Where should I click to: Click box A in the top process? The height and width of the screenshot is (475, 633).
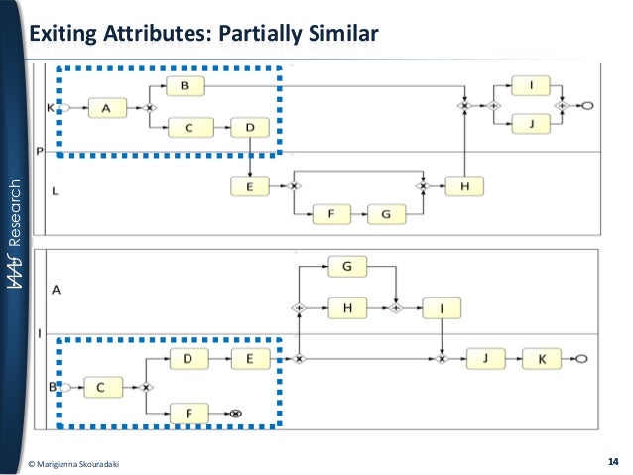(106, 106)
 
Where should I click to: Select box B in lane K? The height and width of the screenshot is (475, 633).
(185, 87)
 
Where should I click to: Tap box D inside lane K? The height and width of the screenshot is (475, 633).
(250, 127)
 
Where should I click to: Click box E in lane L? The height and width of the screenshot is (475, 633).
(251, 185)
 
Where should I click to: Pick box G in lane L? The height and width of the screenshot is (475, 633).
(386, 214)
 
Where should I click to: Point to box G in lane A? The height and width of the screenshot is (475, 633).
(347, 266)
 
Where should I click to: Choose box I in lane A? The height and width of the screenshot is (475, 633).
(441, 308)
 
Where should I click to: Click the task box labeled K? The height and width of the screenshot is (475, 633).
(542, 358)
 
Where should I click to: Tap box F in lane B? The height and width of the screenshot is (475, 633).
(189, 411)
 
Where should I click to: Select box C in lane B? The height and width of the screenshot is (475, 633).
(102, 387)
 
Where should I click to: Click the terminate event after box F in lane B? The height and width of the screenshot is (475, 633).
(238, 411)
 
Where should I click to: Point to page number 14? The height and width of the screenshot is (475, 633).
(611, 462)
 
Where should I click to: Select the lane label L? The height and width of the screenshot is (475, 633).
(55, 192)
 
